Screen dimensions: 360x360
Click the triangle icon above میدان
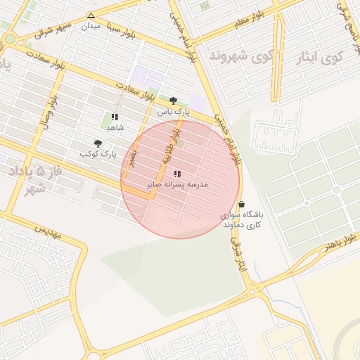[x=91, y=15]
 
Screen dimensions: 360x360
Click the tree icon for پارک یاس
[x=174, y=100]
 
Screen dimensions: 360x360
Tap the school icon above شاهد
[x=115, y=117]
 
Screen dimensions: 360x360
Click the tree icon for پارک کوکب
[x=98, y=143]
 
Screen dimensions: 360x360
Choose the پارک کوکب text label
[x=97, y=153]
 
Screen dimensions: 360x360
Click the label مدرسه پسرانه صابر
[x=177, y=184]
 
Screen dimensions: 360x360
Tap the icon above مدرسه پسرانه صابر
[x=176, y=173]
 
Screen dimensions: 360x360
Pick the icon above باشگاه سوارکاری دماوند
[x=242, y=204]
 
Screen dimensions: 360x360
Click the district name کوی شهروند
[x=241, y=56]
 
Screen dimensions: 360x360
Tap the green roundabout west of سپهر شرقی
[x=10, y=38]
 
